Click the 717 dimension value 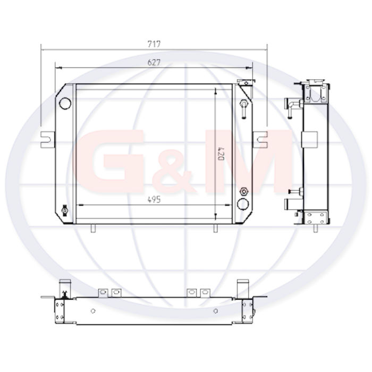click(x=154, y=44)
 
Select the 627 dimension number click(x=154, y=62)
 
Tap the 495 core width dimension click(x=154, y=200)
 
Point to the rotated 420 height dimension click(x=221, y=154)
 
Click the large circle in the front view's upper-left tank click(x=65, y=104)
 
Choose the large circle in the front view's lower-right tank click(x=243, y=204)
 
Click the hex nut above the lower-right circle click(x=243, y=191)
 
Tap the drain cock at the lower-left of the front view click(x=64, y=210)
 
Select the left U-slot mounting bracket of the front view click(x=48, y=140)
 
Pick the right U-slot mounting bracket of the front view click(x=260, y=140)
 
